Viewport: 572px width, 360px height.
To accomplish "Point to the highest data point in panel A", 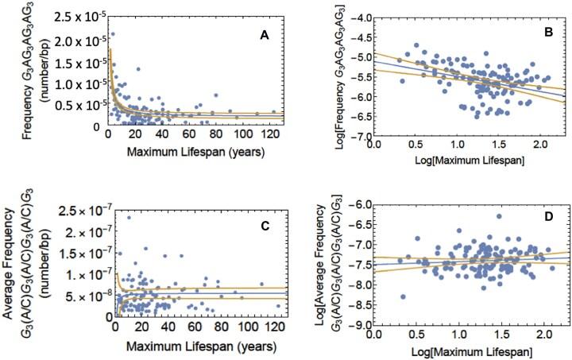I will click(x=113, y=34).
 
